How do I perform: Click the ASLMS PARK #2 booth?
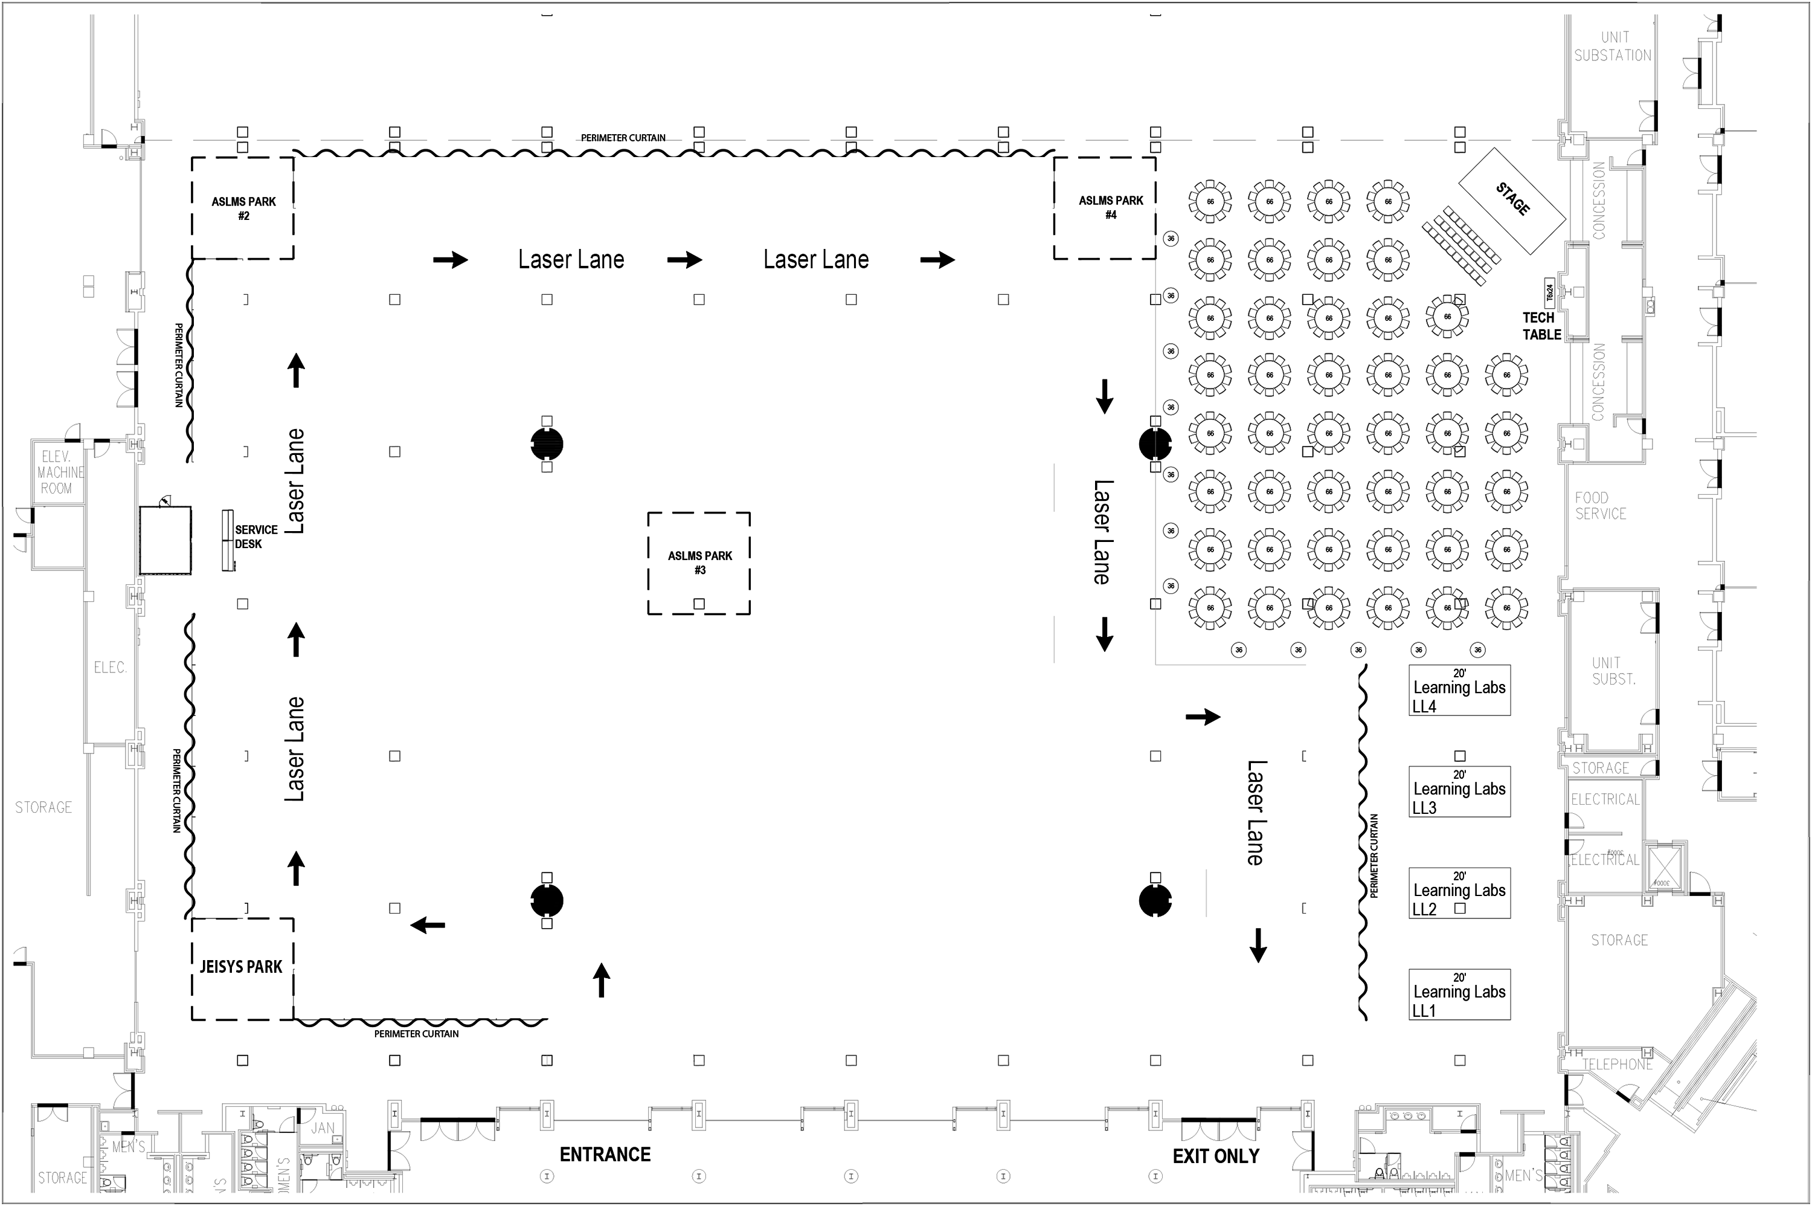pos(243,208)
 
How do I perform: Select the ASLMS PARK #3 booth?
pos(699,563)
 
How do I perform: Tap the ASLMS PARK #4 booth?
pos(1105,208)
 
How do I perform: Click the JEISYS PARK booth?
pos(242,967)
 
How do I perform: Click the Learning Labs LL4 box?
pos(1459,690)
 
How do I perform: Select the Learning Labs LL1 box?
pos(1459,995)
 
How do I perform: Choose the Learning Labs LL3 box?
pos(1459,792)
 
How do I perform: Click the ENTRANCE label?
pos(605,1155)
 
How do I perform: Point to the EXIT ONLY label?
pos(1215,1156)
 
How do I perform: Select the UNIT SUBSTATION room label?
pos(1613,46)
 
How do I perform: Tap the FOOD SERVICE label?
pos(1601,505)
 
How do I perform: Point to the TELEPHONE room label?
pos(1618,1065)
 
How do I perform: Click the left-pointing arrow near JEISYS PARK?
pos(428,925)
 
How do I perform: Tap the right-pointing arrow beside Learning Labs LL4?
pos(1203,717)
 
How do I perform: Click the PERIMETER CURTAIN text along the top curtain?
pos(623,138)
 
